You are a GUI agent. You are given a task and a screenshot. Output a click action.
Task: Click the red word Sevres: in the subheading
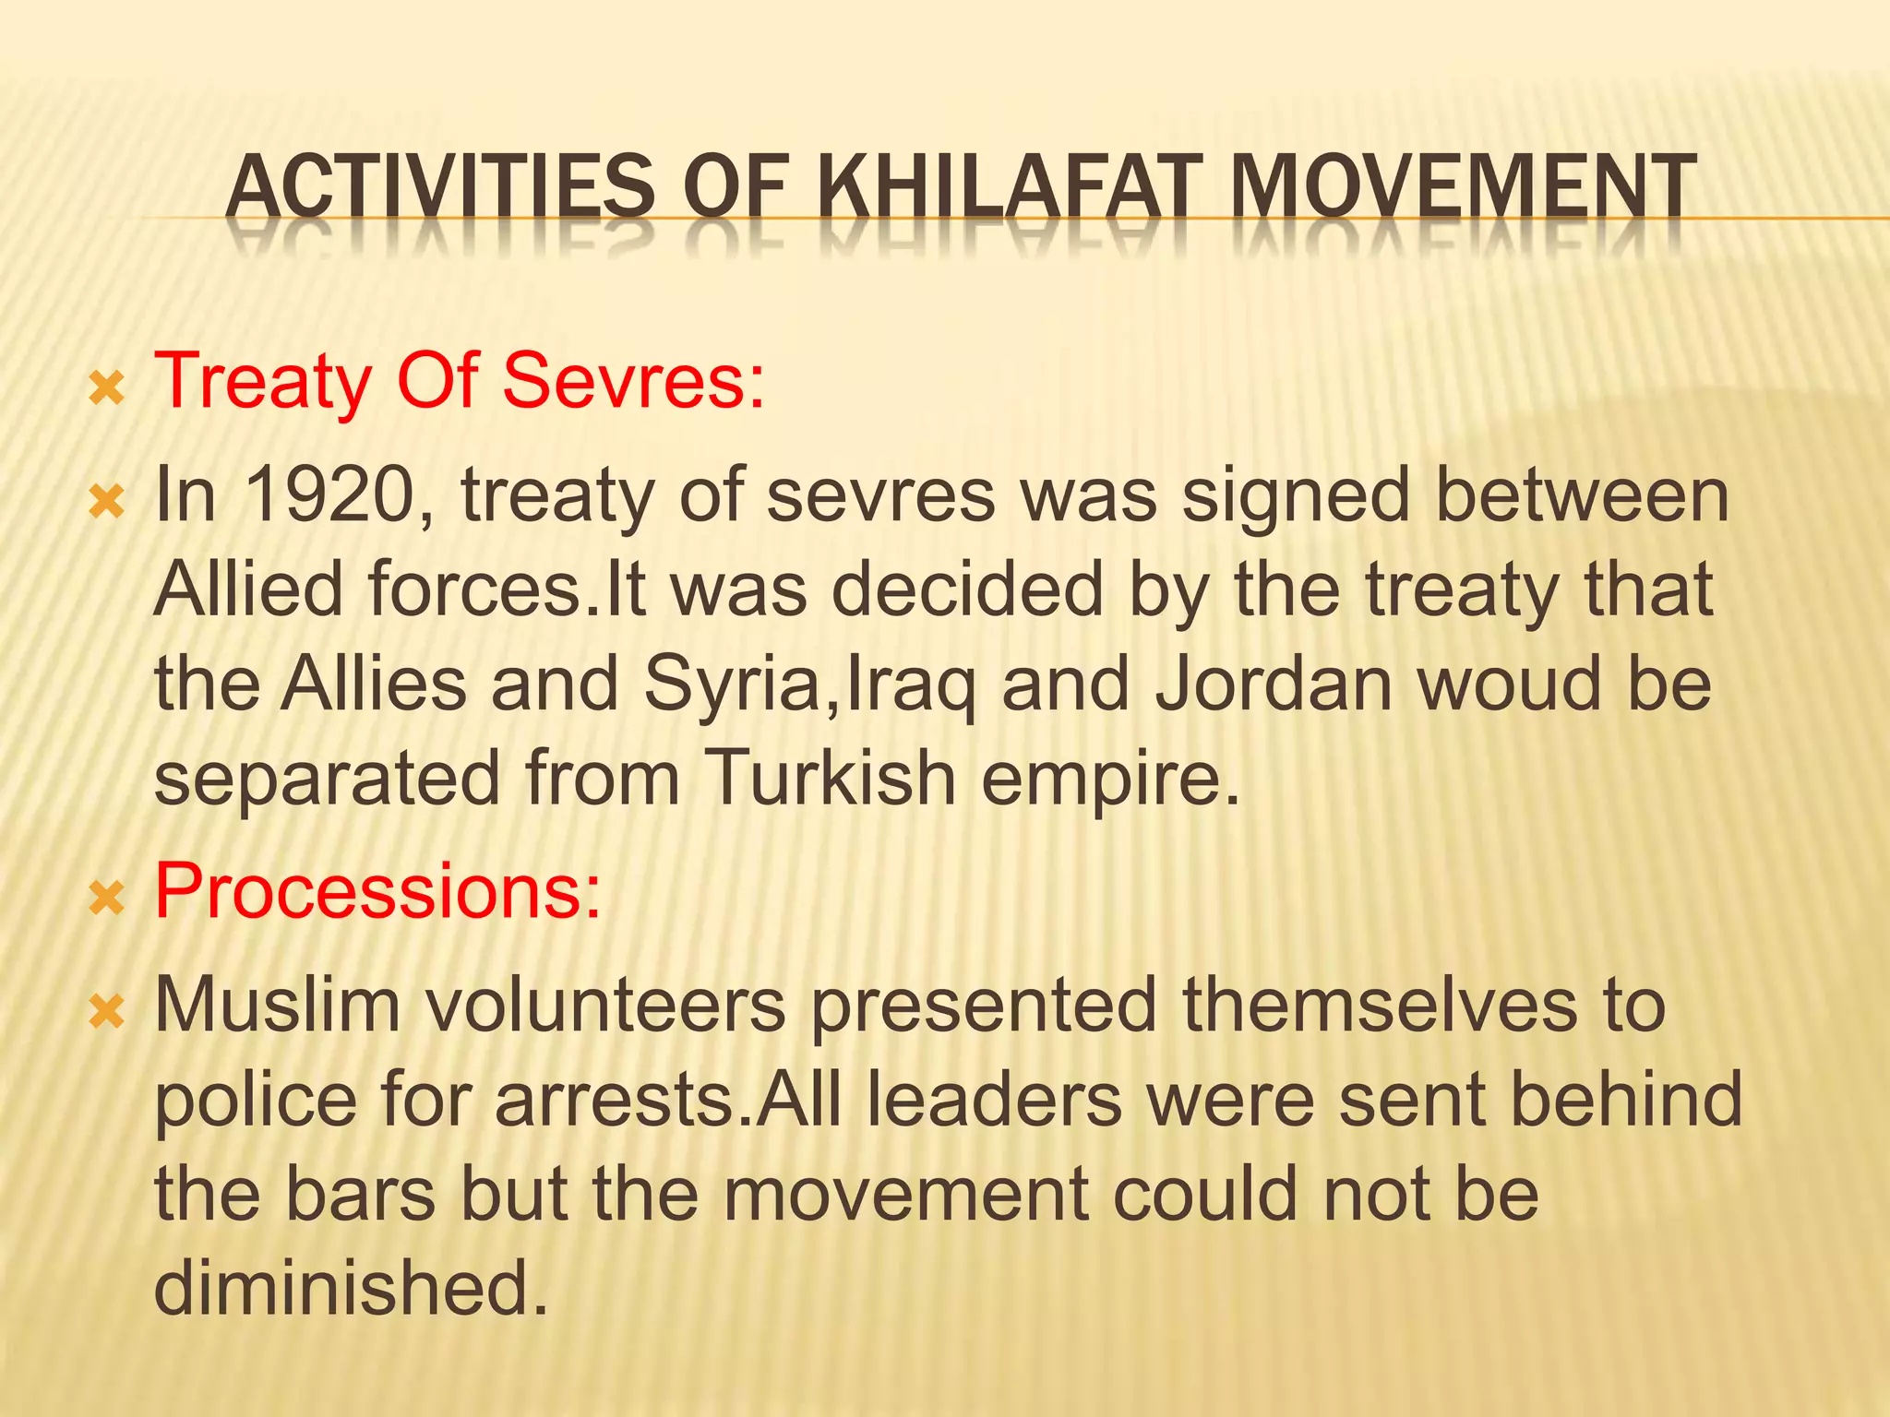coord(634,381)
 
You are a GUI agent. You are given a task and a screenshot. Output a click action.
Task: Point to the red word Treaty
coord(263,383)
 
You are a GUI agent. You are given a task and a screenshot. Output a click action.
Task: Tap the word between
coord(1582,495)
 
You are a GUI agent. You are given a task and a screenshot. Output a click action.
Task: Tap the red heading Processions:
coord(377,892)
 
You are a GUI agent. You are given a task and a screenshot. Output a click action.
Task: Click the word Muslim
coord(277,1005)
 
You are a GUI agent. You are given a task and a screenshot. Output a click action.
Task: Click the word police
coord(255,1101)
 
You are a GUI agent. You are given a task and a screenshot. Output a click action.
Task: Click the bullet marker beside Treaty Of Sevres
coord(107,390)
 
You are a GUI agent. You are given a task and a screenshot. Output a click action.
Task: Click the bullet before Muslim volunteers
coord(107,1012)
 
